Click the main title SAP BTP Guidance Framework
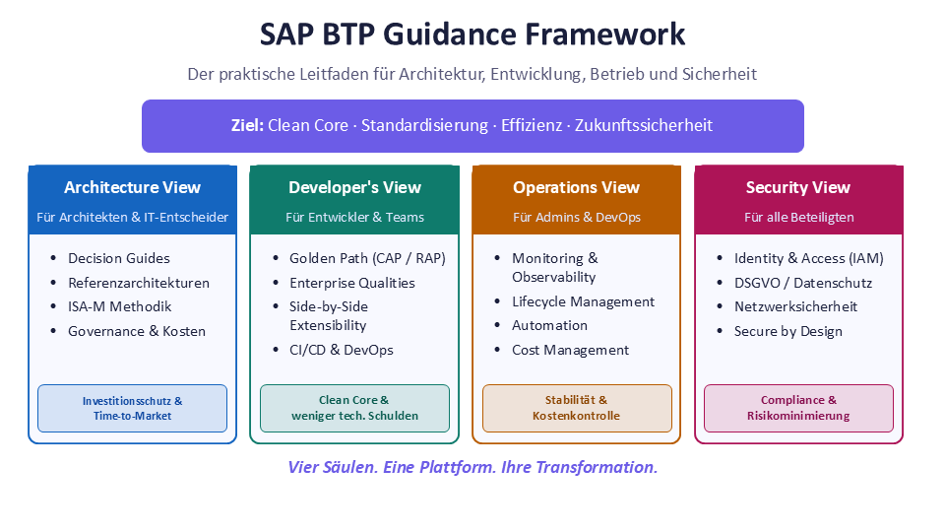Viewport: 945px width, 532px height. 472,33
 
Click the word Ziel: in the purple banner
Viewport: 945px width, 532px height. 247,125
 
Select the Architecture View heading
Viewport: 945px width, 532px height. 133,187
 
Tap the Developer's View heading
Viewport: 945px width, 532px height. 354,187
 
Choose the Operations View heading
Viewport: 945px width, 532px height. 576,187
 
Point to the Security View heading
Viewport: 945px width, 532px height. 798,187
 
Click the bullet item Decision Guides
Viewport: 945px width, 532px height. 119,258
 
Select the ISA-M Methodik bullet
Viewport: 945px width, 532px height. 119,306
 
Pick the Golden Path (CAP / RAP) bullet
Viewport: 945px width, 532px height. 367,258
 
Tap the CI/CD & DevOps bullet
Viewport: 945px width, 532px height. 342,350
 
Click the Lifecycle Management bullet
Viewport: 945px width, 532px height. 583,301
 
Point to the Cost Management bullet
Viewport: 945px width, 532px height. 570,350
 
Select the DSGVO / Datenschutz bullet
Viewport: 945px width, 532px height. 803,283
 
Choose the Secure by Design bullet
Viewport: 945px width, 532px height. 787,331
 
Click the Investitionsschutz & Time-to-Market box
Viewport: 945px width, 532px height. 133,408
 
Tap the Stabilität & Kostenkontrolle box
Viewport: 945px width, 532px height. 577,408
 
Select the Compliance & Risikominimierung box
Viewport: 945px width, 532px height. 798,408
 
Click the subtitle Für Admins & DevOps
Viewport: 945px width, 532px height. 577,217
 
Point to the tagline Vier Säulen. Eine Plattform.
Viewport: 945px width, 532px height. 393,467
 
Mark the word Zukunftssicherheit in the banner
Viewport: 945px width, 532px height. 644,125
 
